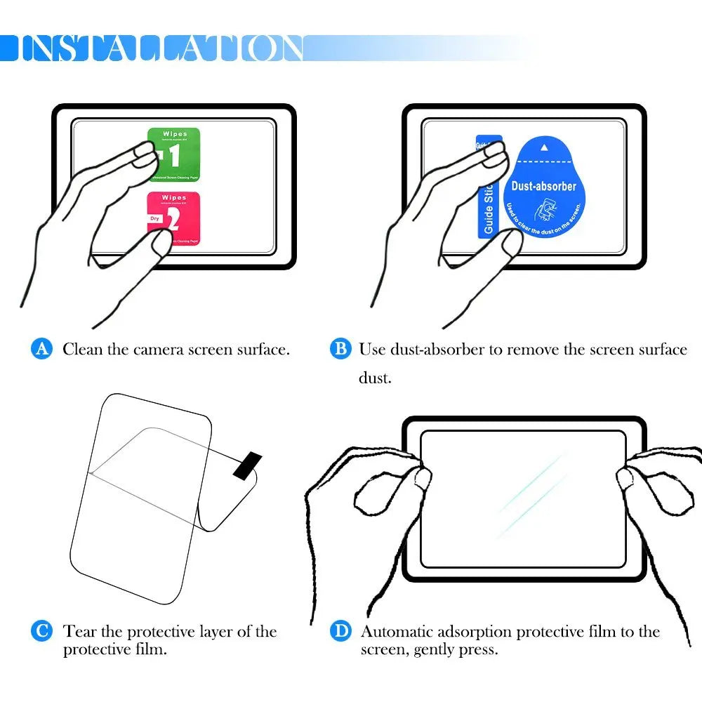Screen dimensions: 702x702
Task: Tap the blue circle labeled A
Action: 42,349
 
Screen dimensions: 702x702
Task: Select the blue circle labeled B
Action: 340,349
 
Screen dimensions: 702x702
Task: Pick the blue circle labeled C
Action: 42,631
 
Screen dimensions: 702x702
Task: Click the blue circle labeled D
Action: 340,631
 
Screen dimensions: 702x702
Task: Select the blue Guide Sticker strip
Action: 488,190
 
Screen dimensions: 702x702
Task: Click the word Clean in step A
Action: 82,349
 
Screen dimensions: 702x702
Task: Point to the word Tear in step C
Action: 79,631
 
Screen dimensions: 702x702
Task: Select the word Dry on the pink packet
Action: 155,219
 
